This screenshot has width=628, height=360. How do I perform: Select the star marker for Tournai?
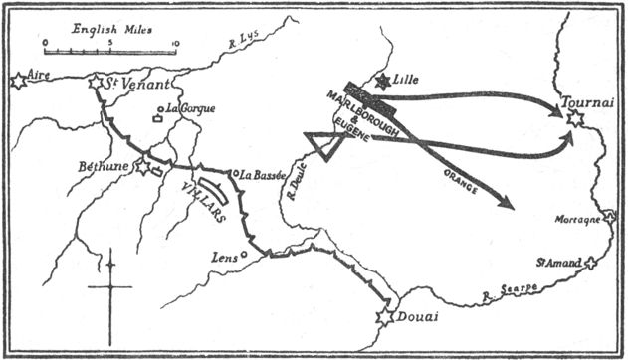[x=573, y=119]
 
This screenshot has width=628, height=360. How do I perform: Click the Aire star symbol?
[x=17, y=82]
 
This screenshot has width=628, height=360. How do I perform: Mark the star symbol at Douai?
[x=384, y=318]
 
